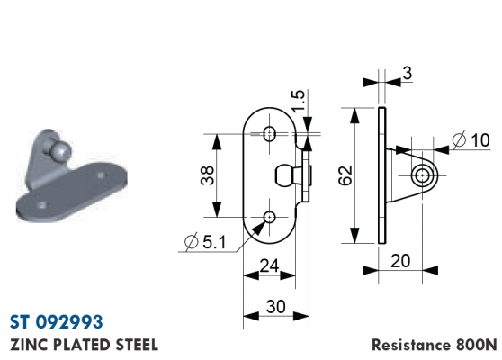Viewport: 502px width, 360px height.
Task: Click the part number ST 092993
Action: (57, 321)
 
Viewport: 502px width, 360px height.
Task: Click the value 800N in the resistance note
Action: (476, 345)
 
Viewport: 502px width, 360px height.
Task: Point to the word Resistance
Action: (411, 345)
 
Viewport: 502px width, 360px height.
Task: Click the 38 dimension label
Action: (208, 175)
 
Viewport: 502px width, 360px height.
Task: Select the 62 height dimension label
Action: (345, 175)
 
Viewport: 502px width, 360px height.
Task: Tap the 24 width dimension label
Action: (269, 265)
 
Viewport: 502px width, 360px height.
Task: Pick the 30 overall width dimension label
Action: (275, 307)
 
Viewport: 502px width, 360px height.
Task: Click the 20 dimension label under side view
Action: (400, 261)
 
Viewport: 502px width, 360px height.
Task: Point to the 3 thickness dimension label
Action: (407, 73)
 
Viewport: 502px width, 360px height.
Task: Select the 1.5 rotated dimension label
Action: (299, 101)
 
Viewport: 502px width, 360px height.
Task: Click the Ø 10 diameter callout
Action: (471, 140)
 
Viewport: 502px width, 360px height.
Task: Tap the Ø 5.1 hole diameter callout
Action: (205, 241)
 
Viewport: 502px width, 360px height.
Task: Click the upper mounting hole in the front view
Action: (270, 133)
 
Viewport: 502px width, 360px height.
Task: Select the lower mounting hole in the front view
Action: (270, 218)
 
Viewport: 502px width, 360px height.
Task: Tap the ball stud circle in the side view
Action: (423, 175)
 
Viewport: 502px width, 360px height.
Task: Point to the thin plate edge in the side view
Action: (382, 175)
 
